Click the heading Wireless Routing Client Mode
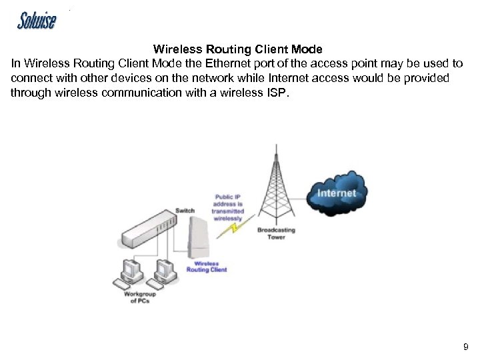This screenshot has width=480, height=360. click(x=237, y=49)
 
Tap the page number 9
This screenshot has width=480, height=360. click(x=465, y=347)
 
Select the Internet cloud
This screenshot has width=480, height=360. click(x=337, y=193)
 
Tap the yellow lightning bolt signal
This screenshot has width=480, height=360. click(x=235, y=228)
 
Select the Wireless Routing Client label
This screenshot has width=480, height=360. click(x=206, y=267)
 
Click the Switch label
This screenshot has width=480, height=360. click(x=185, y=211)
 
